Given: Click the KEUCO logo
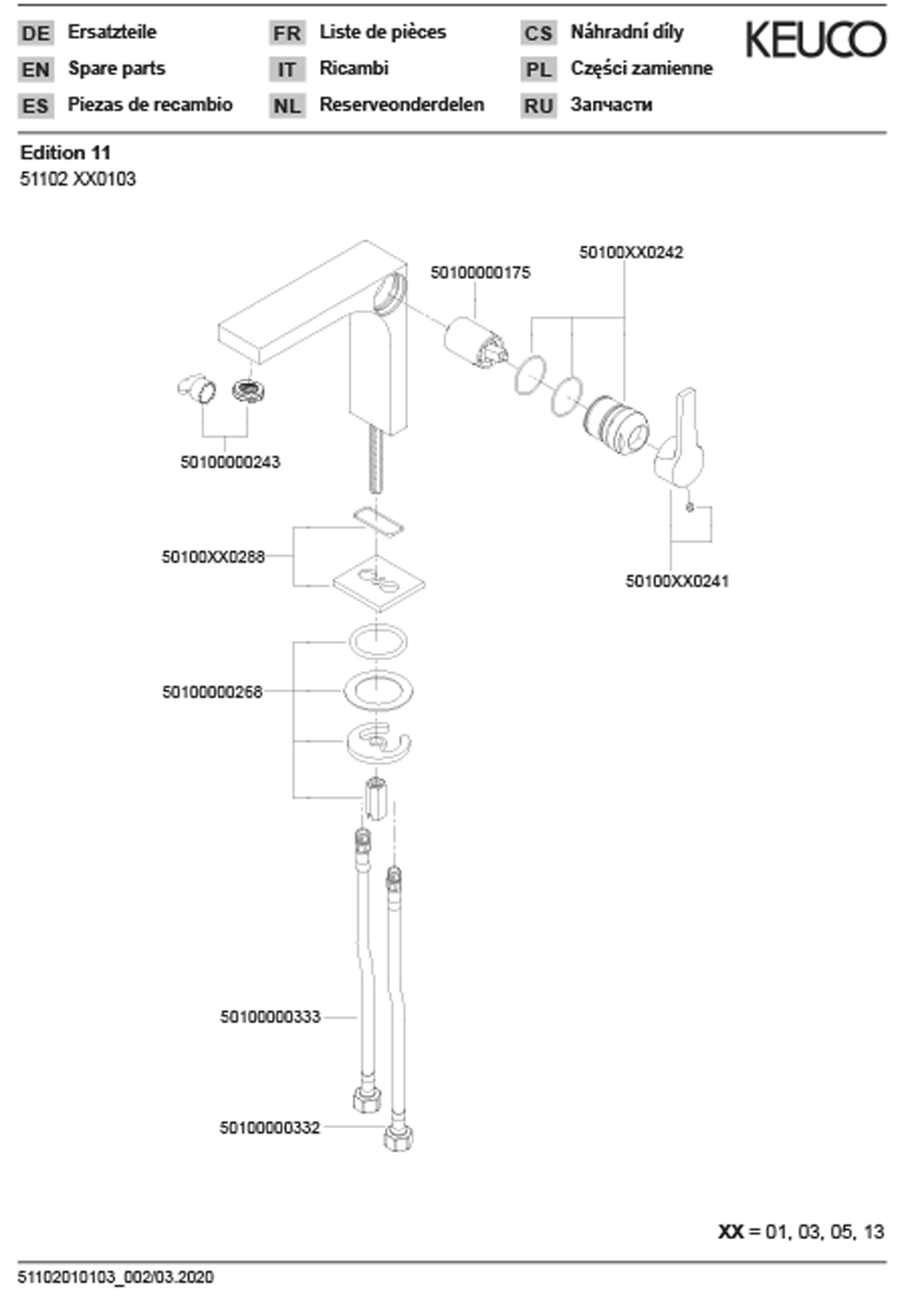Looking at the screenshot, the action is [x=816, y=40].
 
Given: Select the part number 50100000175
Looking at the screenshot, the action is [x=480, y=273].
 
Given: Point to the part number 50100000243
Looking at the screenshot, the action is [x=230, y=462].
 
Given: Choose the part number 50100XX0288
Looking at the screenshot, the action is [x=213, y=557].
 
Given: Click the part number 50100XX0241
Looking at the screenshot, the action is [x=677, y=581].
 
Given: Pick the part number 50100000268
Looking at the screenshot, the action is [x=213, y=692].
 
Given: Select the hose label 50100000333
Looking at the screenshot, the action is [x=270, y=1017].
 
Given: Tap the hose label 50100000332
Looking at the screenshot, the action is [x=270, y=1128].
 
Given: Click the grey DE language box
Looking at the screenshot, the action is [x=36, y=33].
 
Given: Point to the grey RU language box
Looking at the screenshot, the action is [x=538, y=106].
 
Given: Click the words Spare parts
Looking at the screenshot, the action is [x=117, y=68].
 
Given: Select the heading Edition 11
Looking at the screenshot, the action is [x=66, y=153].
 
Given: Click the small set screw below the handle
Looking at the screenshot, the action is [x=689, y=507].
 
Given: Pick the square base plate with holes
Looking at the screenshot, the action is [x=378, y=584].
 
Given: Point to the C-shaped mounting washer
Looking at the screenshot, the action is [x=378, y=743].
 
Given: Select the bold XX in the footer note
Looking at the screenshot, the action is [x=730, y=1232].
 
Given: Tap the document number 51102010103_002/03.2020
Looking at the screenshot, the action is [x=116, y=1277].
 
